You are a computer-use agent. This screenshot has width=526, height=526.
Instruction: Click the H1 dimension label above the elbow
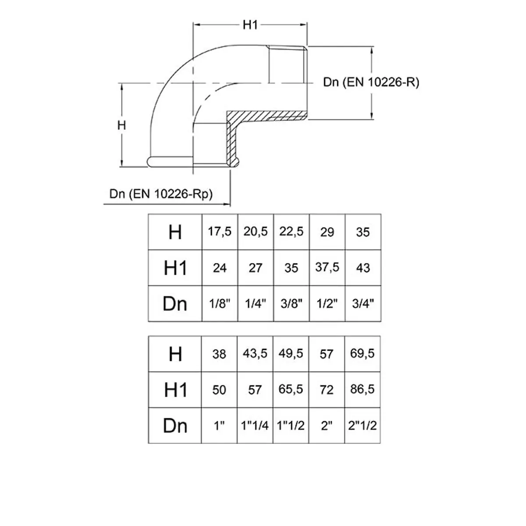point(250,26)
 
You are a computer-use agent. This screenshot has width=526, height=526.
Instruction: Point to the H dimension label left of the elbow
point(122,125)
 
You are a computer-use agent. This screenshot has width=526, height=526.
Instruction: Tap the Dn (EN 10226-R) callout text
point(371,82)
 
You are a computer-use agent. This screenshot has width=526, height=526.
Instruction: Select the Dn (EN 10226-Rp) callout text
point(161,194)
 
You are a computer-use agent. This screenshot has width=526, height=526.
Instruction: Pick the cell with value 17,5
point(220,232)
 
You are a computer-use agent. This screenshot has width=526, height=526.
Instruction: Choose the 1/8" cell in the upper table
point(220,304)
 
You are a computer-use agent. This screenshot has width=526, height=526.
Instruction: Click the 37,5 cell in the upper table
point(327,268)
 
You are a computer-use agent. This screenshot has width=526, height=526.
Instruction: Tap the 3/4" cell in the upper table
point(363,304)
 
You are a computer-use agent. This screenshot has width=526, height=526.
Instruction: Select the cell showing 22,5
point(291,232)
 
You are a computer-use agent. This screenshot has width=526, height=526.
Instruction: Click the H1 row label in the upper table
point(175,268)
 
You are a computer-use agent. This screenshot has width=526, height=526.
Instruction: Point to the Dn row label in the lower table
point(175,426)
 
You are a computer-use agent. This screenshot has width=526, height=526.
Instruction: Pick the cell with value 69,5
point(363,354)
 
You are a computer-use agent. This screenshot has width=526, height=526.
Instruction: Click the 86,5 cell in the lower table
point(363,390)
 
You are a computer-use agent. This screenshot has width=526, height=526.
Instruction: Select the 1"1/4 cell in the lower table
point(255,426)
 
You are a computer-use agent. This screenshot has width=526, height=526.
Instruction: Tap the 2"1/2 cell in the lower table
point(363,426)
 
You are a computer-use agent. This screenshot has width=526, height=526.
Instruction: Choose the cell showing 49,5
point(291,354)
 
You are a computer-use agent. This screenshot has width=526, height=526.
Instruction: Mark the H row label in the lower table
point(175,354)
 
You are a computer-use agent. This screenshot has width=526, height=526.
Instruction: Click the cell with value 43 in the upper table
point(363,268)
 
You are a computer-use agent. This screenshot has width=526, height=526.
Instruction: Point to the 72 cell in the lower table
point(327,390)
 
